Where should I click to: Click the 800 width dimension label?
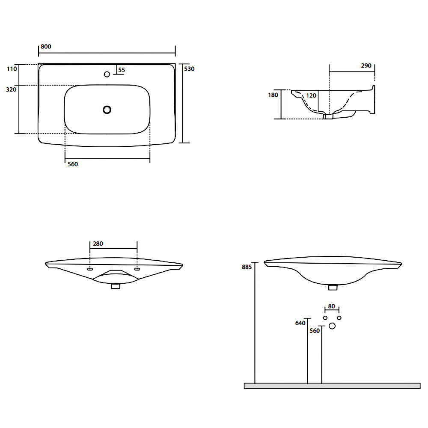click(x=46, y=46)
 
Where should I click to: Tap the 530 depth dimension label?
click(x=189, y=69)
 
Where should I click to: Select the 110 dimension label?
click(x=12, y=69)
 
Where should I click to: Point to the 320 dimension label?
click(x=11, y=89)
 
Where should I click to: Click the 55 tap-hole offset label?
click(x=122, y=70)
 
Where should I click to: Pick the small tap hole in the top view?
click(x=107, y=74)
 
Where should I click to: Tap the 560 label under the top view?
click(x=73, y=164)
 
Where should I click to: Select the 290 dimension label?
click(x=366, y=65)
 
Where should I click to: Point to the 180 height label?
click(x=273, y=95)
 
